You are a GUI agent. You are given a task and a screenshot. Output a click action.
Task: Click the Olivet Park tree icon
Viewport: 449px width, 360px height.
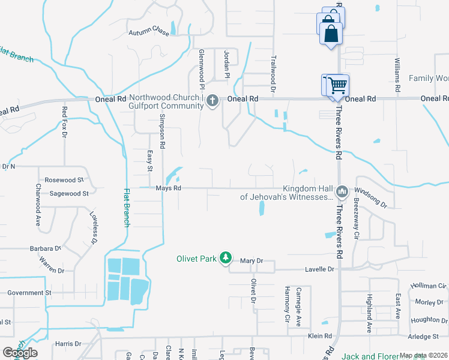coord(226,258)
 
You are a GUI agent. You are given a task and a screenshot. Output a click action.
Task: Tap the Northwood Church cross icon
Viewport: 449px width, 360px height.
coord(212,101)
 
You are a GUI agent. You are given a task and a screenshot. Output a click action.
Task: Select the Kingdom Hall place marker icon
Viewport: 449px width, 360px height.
coord(342,191)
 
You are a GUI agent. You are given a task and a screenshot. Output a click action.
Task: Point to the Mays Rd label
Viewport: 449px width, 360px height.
coord(168,188)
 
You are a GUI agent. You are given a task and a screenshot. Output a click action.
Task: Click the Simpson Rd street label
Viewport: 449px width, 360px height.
coord(161,133)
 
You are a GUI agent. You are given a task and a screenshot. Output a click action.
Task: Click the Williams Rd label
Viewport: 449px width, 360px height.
coord(397,75)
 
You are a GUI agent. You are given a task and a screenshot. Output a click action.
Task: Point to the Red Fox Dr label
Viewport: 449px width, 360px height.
coord(64,122)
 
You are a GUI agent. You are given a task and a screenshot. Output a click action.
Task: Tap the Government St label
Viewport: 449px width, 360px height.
coord(29,293)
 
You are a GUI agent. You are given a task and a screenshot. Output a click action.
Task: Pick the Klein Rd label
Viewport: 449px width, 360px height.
coord(320,337)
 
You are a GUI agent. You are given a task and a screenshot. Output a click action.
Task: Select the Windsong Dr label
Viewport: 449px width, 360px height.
coord(375,197)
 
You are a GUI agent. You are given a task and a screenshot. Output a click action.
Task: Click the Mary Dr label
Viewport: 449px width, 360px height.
coord(252,261)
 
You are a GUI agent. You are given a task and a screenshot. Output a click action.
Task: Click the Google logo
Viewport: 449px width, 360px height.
coord(20,352)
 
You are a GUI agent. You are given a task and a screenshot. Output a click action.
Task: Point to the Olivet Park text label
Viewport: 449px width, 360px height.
coord(196,259)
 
